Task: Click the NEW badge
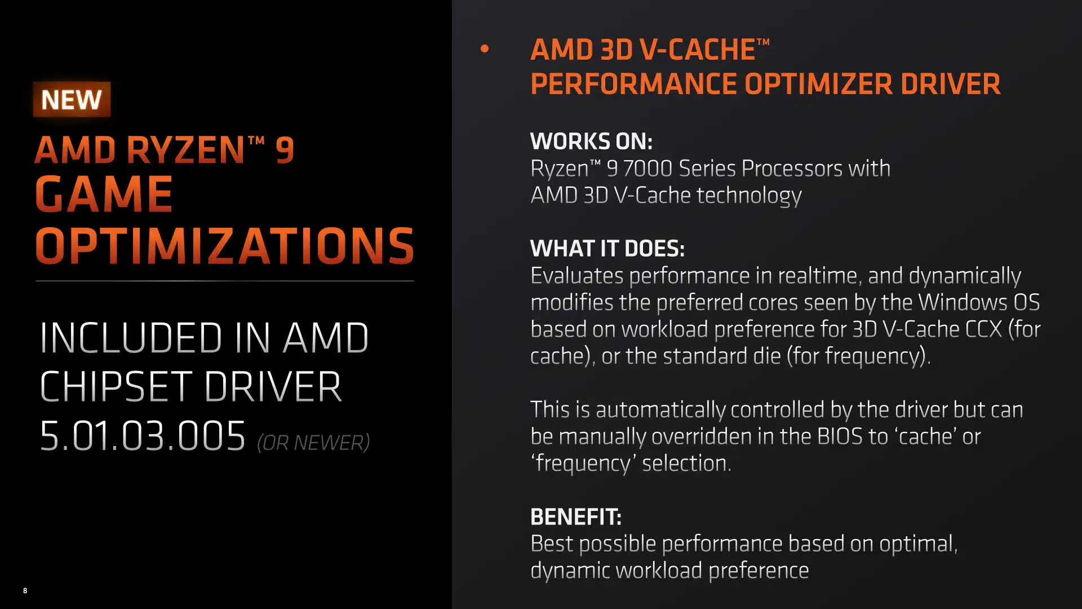(x=72, y=99)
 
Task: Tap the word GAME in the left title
(x=104, y=194)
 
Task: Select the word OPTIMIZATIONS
(x=224, y=245)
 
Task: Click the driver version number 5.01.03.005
(x=143, y=436)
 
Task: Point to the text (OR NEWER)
(x=313, y=443)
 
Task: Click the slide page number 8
(x=25, y=590)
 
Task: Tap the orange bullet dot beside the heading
(x=485, y=49)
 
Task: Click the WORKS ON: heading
(x=591, y=141)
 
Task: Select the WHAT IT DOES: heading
(x=607, y=248)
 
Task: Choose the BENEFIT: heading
(x=575, y=517)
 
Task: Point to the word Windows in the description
(x=963, y=303)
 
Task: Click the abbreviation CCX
(x=983, y=329)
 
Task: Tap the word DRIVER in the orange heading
(x=950, y=84)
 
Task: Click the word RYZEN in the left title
(x=185, y=150)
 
